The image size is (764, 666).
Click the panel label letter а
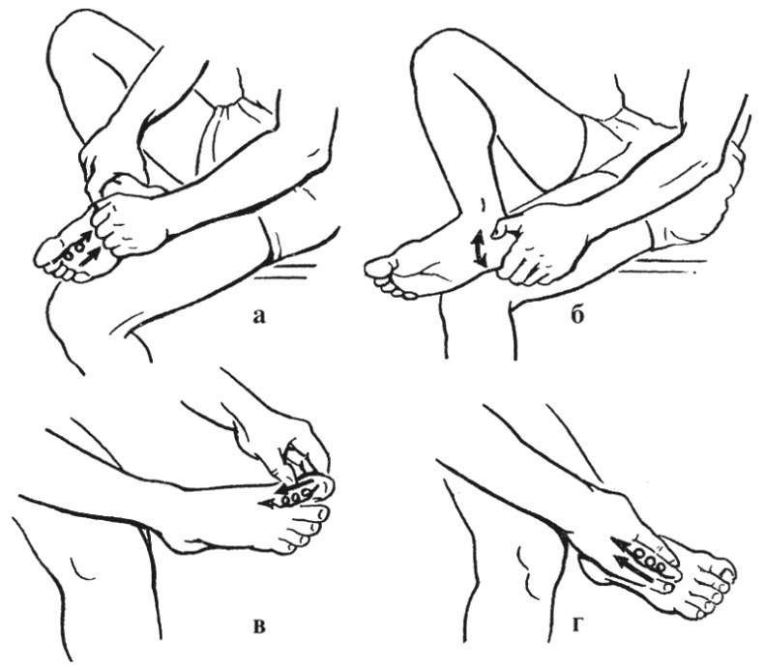click(259, 317)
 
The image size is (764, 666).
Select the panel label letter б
click(577, 315)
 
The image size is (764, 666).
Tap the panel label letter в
click(260, 626)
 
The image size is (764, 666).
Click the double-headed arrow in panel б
click(480, 248)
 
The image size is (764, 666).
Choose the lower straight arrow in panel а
click(92, 256)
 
